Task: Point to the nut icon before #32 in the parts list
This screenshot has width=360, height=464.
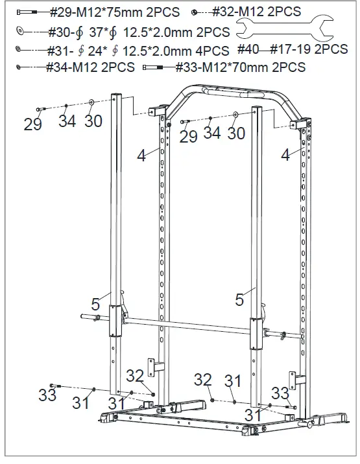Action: tap(195, 12)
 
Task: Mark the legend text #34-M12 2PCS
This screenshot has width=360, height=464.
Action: tap(90, 67)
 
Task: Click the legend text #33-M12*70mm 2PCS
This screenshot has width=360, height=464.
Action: tap(241, 67)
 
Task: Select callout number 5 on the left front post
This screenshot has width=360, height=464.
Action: tap(95, 303)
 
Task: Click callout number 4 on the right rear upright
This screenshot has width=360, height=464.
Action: tap(285, 155)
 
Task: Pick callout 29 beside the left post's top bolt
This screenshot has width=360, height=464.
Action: tap(33, 124)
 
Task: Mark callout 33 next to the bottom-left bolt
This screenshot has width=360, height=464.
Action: tap(47, 395)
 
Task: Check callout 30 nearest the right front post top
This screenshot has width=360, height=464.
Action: tap(236, 133)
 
